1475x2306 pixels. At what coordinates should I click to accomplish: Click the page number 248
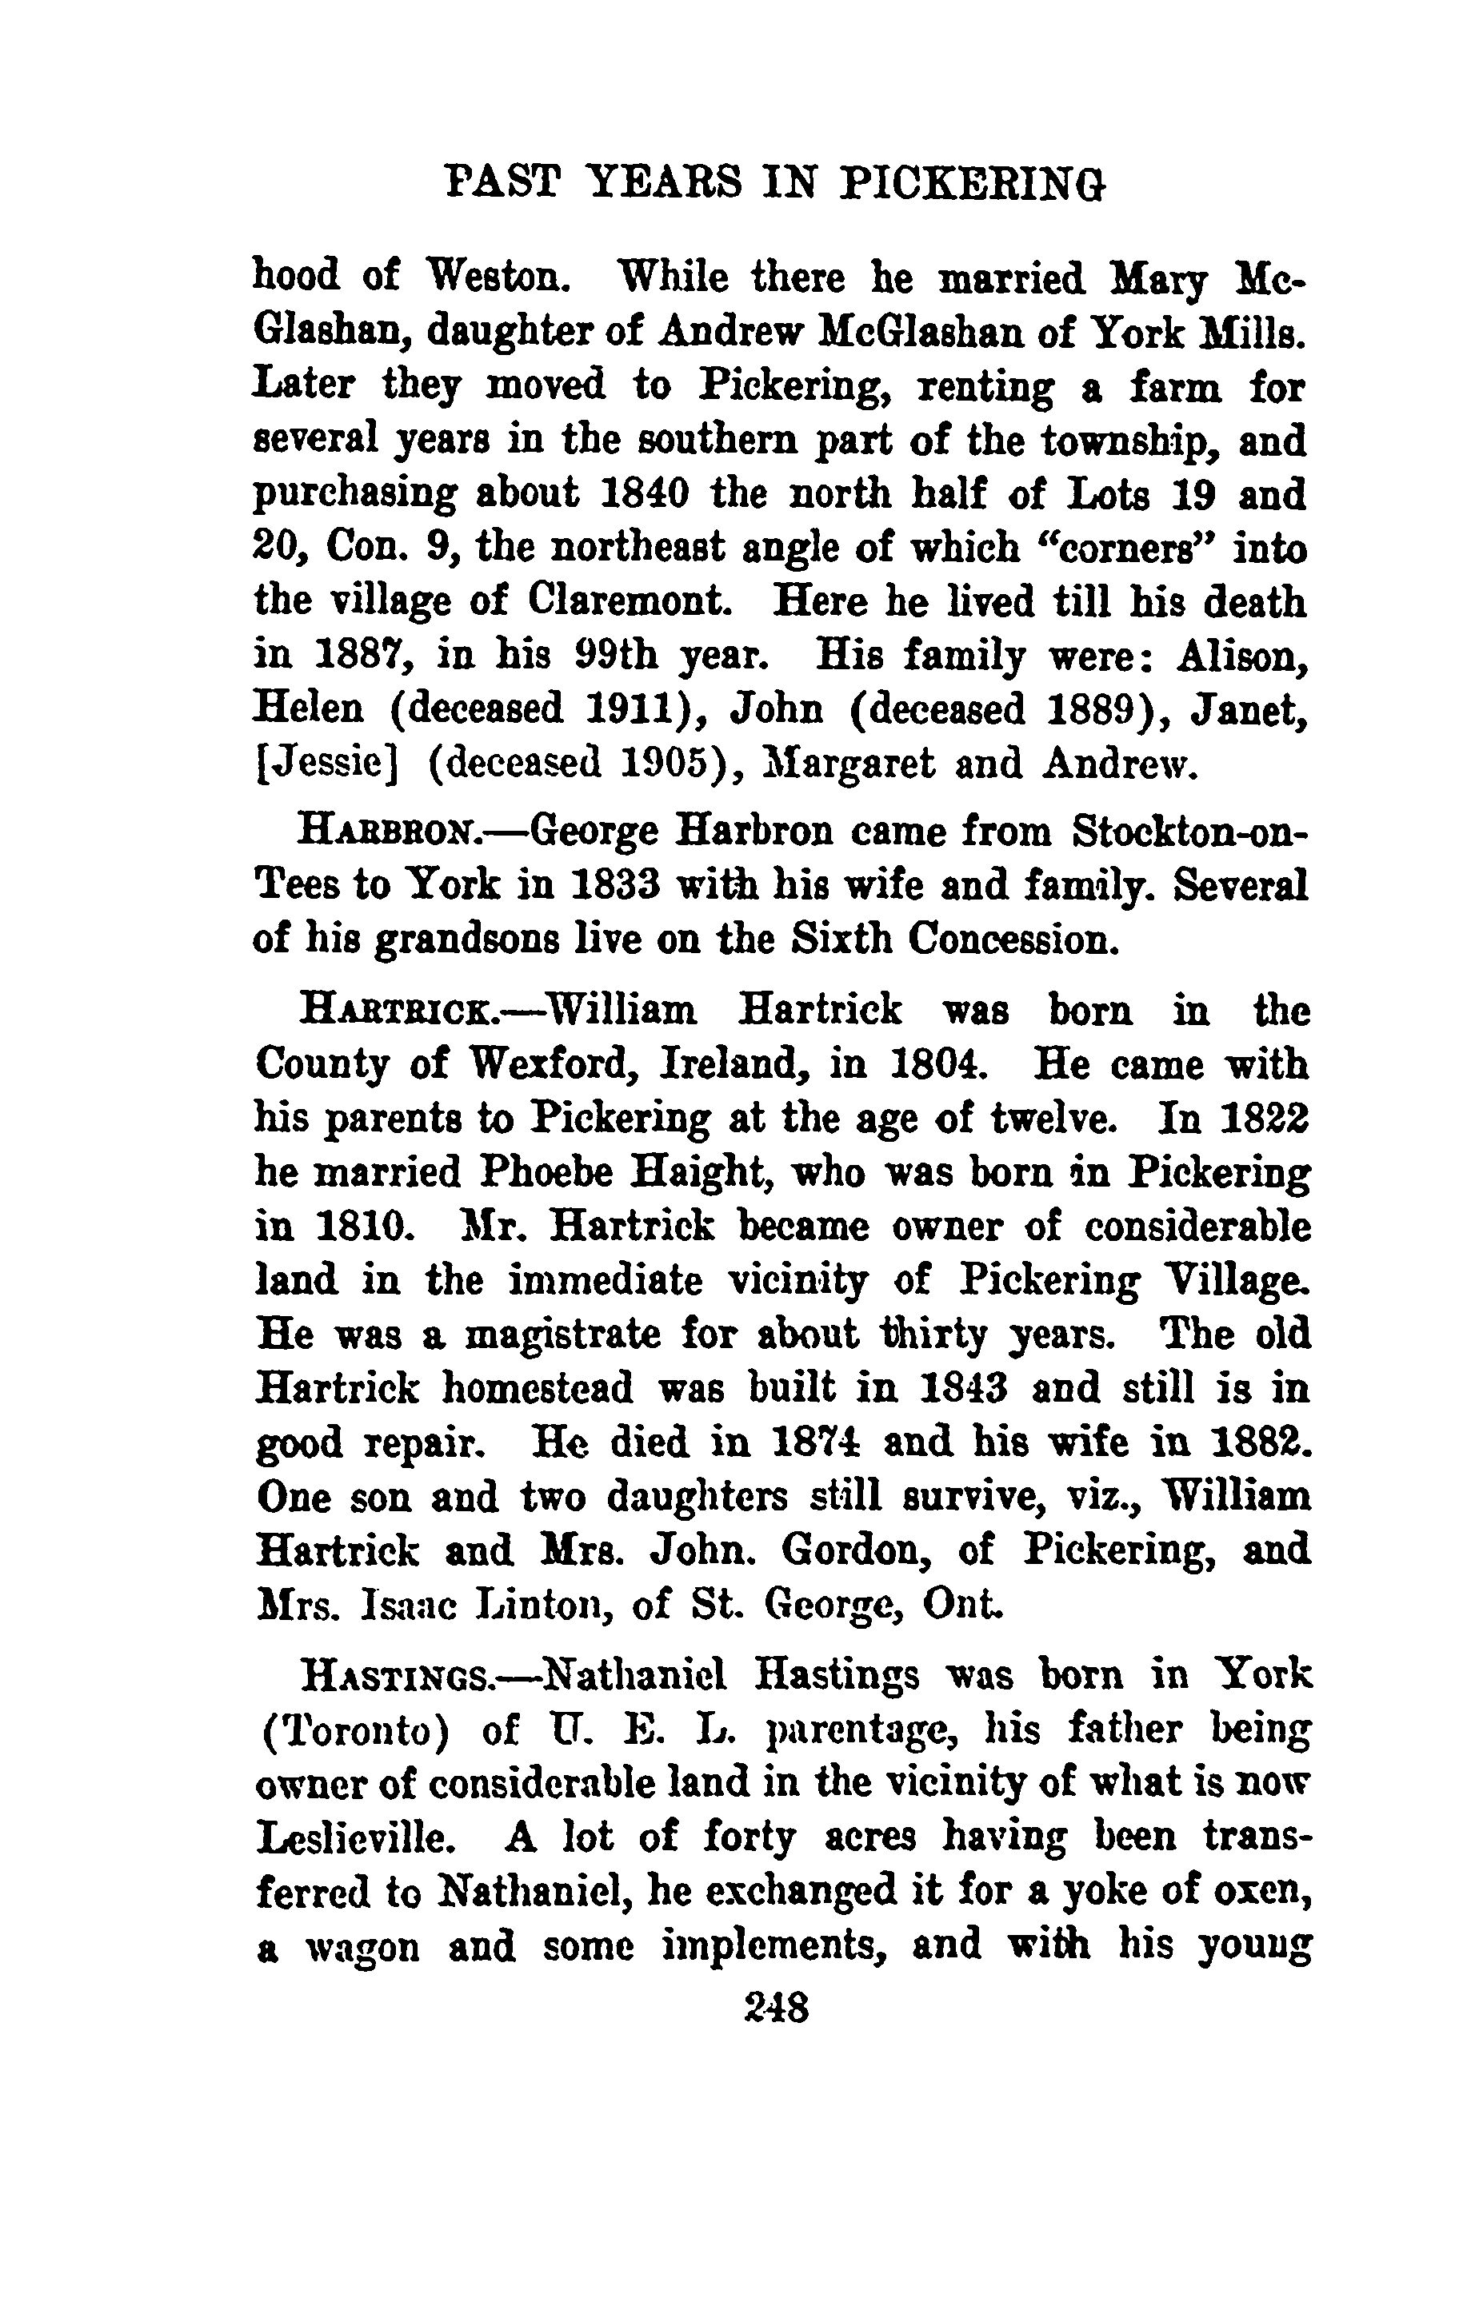coord(776,2006)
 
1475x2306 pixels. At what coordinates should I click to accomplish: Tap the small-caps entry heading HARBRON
coord(389,832)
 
